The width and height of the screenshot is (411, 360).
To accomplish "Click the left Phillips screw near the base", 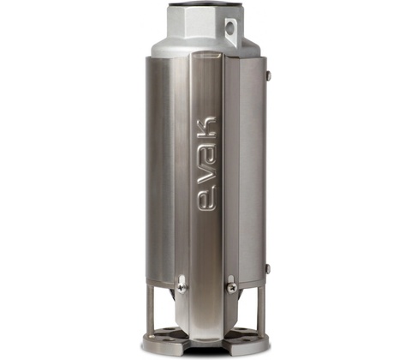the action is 182,287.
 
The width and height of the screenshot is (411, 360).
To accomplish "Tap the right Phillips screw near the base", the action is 232,287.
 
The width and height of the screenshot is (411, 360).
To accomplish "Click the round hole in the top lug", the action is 229,27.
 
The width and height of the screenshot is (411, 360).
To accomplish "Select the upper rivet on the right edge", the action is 269,75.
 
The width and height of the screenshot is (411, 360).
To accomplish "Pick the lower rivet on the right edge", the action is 268,268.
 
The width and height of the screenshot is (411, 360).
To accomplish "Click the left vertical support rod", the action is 152,311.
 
